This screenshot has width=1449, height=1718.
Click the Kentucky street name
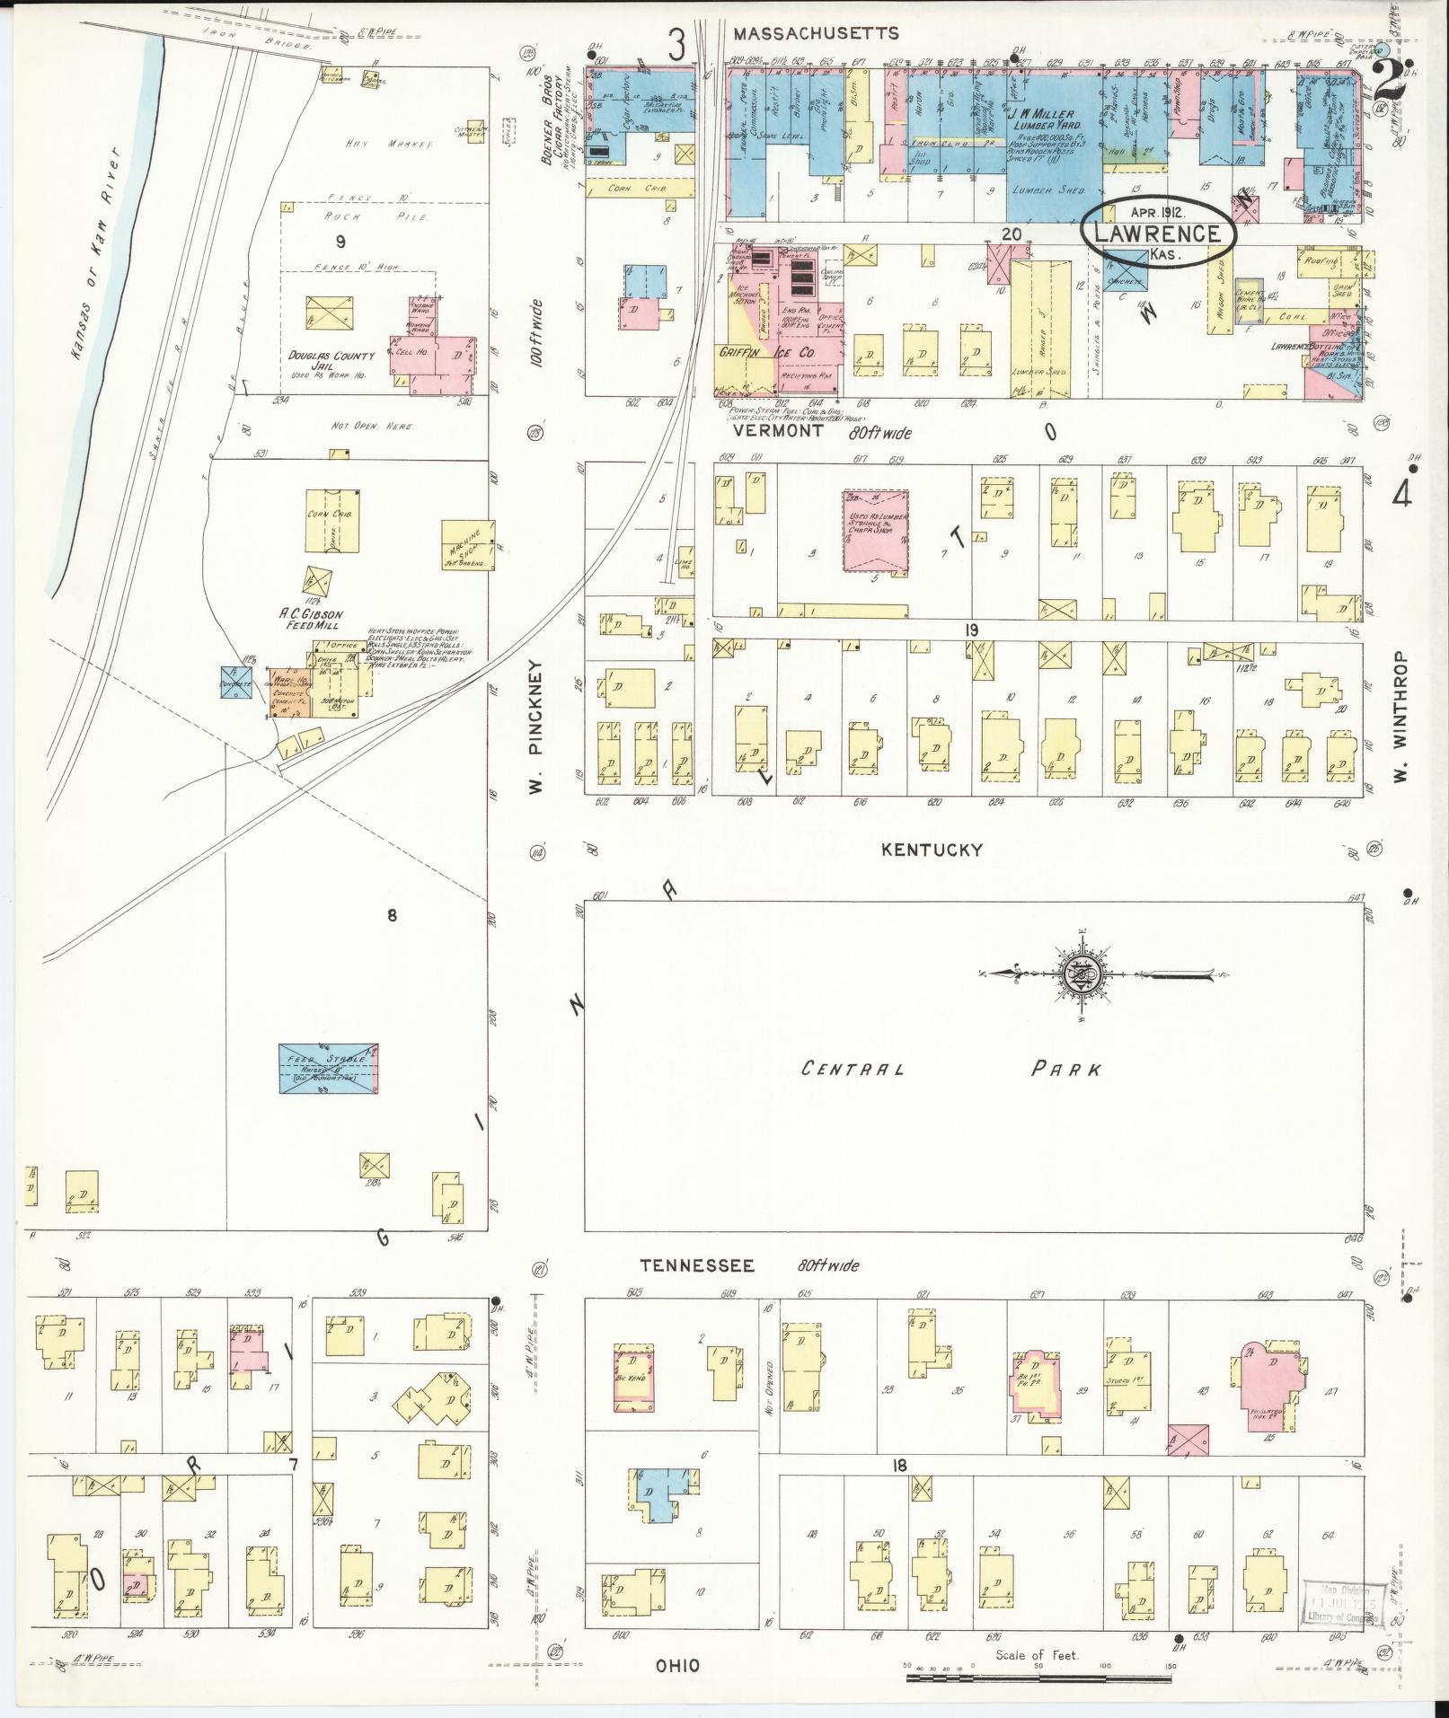click(932, 850)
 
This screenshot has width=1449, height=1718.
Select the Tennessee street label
click(696, 1265)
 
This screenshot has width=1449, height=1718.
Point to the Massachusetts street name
click(815, 33)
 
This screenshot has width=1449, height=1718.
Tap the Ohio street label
click(677, 1666)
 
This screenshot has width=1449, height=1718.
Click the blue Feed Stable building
click(328, 1068)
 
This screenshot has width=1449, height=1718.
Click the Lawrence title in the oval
click(1158, 234)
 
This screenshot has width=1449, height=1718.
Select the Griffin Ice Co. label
click(765, 354)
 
